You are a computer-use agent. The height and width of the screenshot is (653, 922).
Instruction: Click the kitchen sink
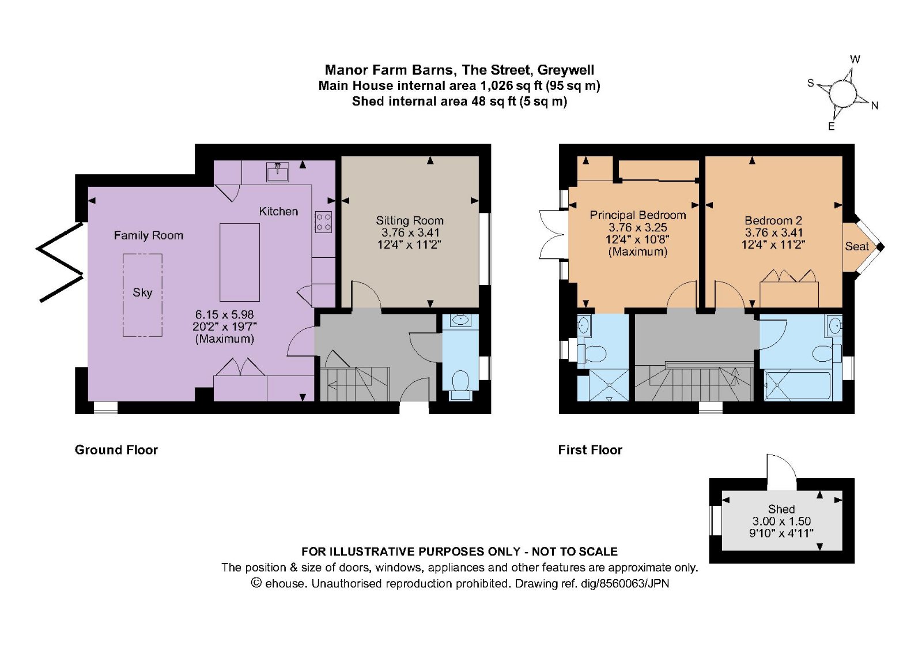click(277, 172)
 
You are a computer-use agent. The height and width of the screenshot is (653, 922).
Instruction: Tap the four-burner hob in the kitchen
click(323, 222)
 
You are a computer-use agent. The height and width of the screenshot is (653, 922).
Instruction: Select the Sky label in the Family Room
click(142, 292)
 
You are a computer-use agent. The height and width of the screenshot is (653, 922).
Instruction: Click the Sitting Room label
click(410, 220)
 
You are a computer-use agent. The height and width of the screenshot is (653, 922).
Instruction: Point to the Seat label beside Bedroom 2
click(857, 246)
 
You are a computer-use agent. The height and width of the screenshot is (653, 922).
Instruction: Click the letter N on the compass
click(875, 106)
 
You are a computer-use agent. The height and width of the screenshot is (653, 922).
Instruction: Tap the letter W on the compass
click(855, 59)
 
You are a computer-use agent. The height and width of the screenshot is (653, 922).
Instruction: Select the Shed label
click(781, 509)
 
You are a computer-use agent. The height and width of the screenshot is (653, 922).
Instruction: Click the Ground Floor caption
click(116, 449)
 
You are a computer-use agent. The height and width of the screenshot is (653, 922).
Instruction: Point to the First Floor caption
click(590, 449)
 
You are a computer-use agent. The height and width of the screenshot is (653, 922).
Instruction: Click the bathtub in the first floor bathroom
click(798, 385)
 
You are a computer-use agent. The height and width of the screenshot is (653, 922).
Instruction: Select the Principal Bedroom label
click(637, 215)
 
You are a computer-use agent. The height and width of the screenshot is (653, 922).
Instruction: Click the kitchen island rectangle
click(240, 262)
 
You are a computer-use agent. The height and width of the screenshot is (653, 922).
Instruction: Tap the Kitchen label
click(278, 211)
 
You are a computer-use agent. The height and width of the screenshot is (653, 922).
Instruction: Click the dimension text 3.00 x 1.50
click(781, 521)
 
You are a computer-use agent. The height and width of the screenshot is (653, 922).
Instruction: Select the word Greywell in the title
click(565, 70)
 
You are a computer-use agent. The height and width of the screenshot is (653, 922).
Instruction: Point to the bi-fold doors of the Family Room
click(61, 262)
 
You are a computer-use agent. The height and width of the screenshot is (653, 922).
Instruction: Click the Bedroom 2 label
click(773, 220)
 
